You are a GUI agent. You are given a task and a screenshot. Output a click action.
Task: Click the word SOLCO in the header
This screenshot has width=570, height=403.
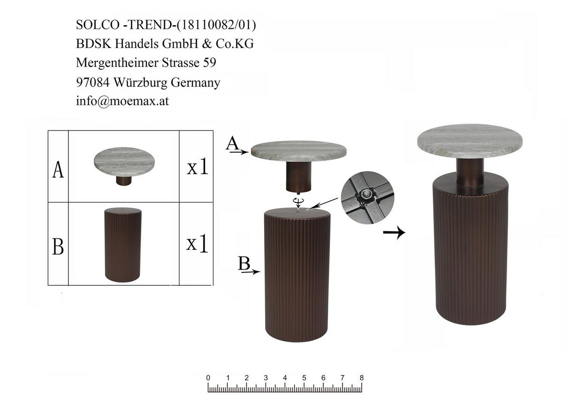[98, 25]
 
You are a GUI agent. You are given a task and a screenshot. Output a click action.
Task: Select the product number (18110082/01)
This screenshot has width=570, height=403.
[216, 25]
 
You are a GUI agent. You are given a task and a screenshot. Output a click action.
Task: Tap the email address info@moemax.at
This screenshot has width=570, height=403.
[123, 101]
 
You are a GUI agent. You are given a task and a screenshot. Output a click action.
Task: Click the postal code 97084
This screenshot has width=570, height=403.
[93, 83]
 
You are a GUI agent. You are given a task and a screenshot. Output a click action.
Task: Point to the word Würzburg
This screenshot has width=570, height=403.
[140, 83]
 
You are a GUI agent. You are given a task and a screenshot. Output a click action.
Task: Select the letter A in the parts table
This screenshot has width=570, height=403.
[58, 170]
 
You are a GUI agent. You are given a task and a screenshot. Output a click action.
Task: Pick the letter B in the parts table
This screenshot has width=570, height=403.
[58, 246]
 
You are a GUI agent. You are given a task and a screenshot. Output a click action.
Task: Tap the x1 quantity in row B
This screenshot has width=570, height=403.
[197, 244]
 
